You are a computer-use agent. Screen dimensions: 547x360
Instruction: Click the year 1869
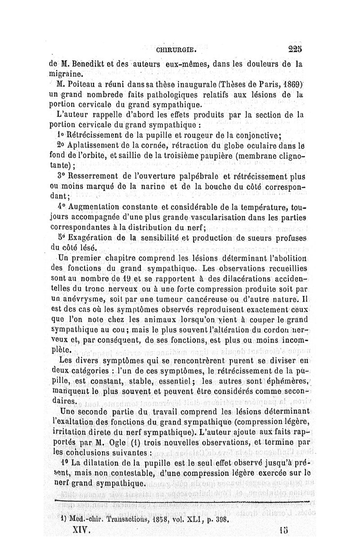click(289, 84)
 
